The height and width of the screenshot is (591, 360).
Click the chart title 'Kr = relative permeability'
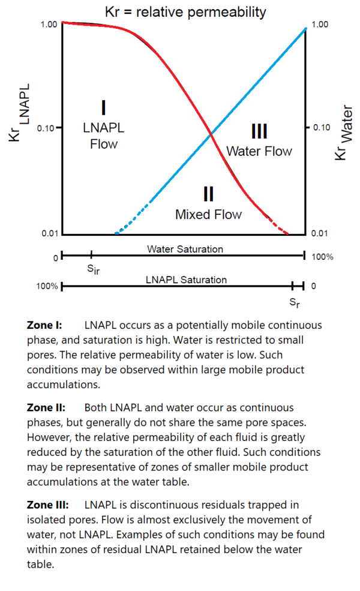[185, 11]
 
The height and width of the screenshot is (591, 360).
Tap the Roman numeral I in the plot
[104, 107]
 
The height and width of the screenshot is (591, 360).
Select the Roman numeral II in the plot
[208, 193]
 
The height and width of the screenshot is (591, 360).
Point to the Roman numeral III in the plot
[259, 130]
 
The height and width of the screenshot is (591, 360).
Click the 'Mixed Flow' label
[208, 214]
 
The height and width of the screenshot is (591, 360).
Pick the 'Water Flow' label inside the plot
[259, 151]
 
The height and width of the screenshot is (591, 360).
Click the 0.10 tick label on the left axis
[46, 128]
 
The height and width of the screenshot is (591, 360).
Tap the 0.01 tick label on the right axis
[320, 233]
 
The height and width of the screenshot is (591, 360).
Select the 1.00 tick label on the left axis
[48, 25]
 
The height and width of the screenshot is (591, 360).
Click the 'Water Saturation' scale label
[185, 249]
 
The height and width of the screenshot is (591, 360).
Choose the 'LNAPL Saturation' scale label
[186, 280]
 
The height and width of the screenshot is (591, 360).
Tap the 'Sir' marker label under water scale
[93, 269]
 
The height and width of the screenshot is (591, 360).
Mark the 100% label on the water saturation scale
[322, 257]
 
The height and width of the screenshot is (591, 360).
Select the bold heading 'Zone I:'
[44, 325]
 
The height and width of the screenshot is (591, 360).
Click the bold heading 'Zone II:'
[46, 408]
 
